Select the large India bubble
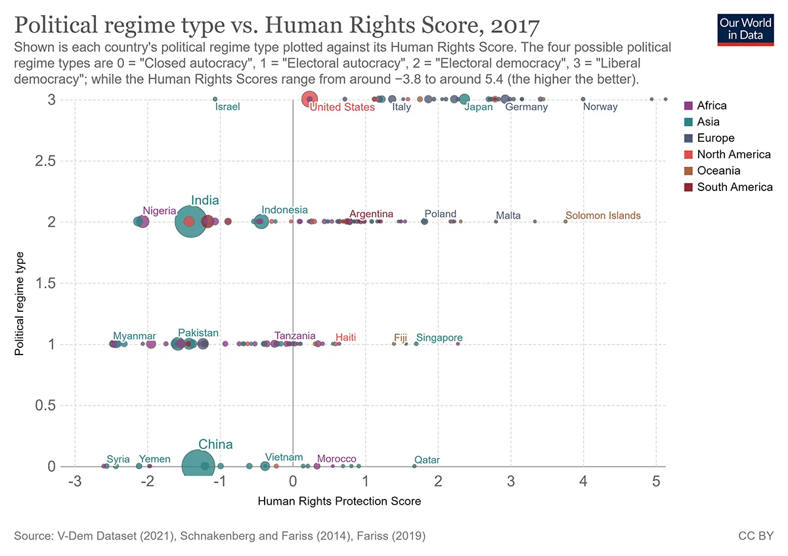point(191,222)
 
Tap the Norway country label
point(600,107)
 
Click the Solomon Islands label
point(602,215)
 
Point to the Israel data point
point(215,99)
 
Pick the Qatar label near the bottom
point(427,460)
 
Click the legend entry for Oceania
point(718,171)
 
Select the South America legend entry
point(734,187)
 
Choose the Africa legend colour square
point(688,106)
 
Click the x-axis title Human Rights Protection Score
point(339,502)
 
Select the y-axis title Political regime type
point(20,303)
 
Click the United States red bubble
point(309,99)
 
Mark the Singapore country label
point(439,338)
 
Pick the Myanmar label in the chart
point(134,336)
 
